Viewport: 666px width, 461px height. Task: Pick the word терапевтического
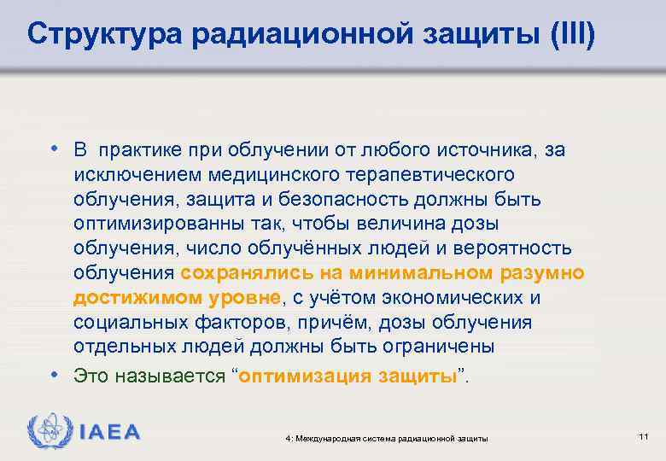[427, 174]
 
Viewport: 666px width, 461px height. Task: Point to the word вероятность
[512, 248]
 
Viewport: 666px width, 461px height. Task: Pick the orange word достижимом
[124, 298]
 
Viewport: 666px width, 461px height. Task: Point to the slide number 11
[644, 437]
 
